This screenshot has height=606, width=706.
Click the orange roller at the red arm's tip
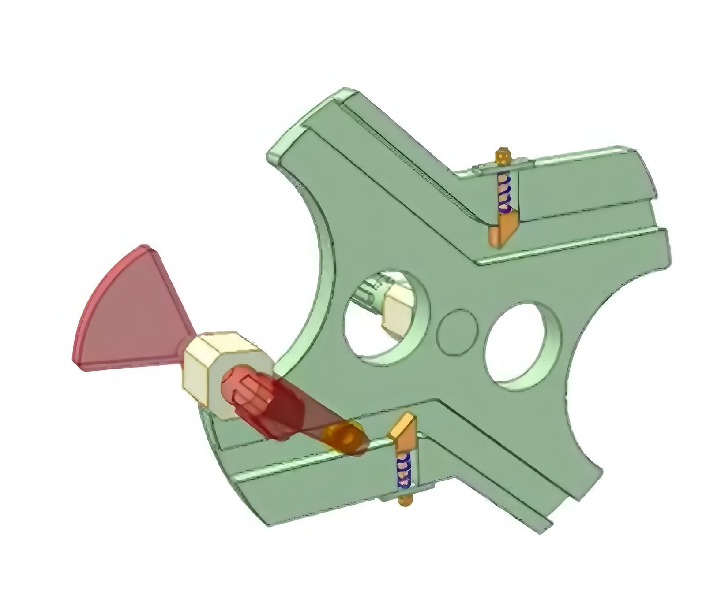click(344, 439)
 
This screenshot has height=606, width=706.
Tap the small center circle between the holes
click(458, 333)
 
